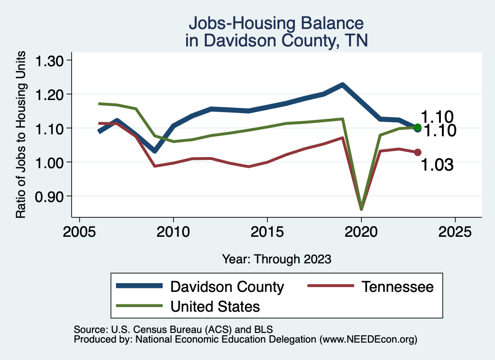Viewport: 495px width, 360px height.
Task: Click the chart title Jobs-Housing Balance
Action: (276, 23)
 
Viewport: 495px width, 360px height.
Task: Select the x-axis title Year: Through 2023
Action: (277, 259)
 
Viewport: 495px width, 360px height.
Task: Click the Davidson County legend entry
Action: (227, 287)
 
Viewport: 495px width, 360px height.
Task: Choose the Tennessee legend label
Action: (397, 287)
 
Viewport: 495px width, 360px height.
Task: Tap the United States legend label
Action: (215, 306)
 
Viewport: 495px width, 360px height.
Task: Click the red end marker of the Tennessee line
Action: (418, 152)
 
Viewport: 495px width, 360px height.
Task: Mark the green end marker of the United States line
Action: (418, 128)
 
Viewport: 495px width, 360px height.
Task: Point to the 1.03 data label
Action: (437, 165)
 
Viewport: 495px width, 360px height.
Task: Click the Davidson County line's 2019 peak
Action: (343, 85)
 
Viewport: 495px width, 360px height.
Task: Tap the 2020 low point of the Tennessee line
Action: (361, 209)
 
